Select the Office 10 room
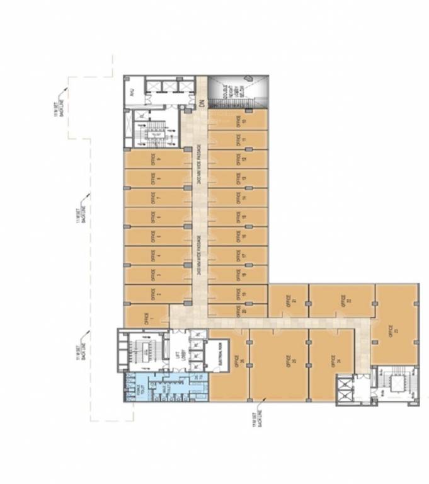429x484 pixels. pos(238,121)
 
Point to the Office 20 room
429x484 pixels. pos(237,311)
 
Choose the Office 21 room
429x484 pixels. pos(288,300)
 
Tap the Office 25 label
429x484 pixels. pos(277,364)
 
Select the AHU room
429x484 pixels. pos(134,93)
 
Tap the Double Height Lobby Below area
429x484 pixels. pos(237,93)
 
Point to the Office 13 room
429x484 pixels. pos(238,178)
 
